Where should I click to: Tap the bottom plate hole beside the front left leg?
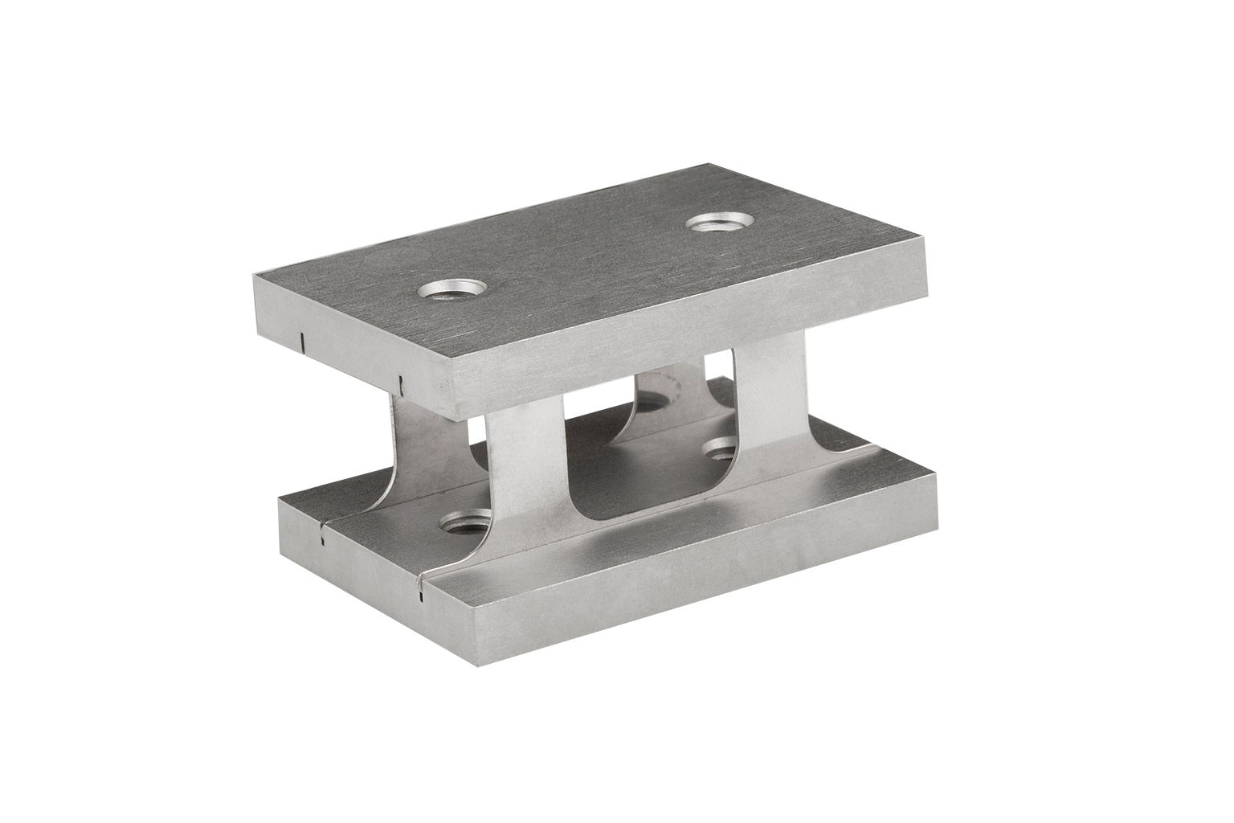pyautogui.click(x=464, y=526)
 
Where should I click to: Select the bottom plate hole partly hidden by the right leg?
pyautogui.click(x=721, y=447)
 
